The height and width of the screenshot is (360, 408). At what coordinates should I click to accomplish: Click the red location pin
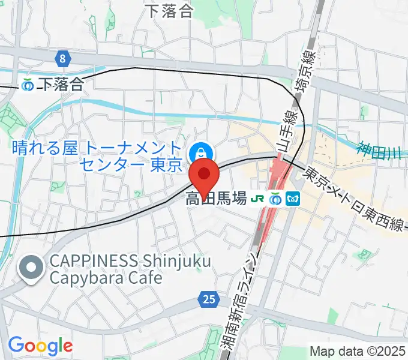(x=205, y=175)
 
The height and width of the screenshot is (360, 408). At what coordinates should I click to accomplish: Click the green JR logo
(x=259, y=199)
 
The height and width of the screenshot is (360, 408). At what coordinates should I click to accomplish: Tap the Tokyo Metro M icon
(x=293, y=199)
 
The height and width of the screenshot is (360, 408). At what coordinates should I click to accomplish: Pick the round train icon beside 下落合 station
(x=28, y=85)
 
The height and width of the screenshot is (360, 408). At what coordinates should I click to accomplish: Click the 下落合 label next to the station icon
(x=62, y=85)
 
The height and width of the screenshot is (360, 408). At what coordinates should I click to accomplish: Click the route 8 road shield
(x=62, y=58)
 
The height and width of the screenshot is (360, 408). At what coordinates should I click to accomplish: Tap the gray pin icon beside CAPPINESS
(x=31, y=269)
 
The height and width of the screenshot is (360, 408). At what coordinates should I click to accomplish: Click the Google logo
(x=40, y=346)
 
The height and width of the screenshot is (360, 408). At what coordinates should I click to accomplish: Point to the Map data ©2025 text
(x=357, y=351)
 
